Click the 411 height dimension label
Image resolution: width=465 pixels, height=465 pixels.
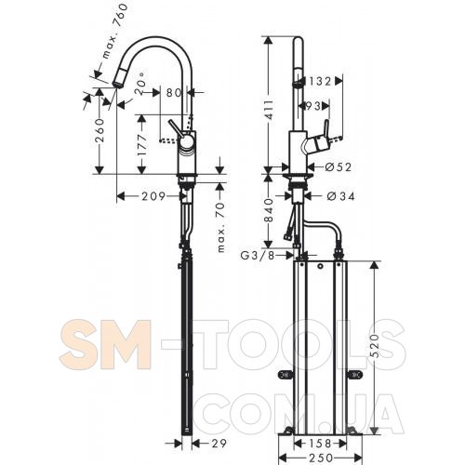click(269, 110)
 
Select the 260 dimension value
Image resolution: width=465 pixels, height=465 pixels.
click(100, 130)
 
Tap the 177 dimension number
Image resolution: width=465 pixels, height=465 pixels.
click(143, 145)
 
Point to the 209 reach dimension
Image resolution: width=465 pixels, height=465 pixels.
click(153, 196)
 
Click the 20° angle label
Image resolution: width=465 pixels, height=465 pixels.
click(140, 84)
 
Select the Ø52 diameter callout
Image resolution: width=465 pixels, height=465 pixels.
click(339, 167)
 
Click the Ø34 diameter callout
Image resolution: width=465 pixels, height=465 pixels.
click(340, 196)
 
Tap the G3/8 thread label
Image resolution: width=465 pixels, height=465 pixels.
click(258, 256)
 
